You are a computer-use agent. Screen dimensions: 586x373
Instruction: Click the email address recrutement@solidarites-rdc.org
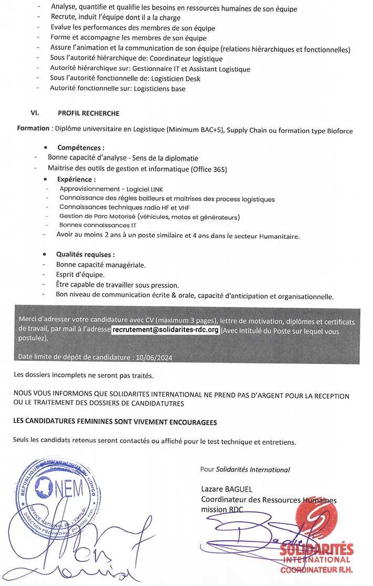point(165,331)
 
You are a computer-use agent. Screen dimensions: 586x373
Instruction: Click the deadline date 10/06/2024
point(154,357)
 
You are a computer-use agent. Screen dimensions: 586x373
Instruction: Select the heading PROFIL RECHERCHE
point(89,113)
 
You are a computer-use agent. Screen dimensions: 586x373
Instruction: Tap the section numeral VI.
point(36,113)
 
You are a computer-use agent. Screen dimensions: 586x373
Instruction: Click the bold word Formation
point(33,129)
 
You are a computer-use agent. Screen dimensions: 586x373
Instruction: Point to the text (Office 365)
point(210,168)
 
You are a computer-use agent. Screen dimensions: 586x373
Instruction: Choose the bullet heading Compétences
point(80,148)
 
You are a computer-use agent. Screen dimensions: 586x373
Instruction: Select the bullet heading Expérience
point(76,179)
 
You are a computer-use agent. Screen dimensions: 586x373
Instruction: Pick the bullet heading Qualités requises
point(86,254)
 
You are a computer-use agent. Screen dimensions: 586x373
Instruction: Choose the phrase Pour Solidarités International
point(245,470)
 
